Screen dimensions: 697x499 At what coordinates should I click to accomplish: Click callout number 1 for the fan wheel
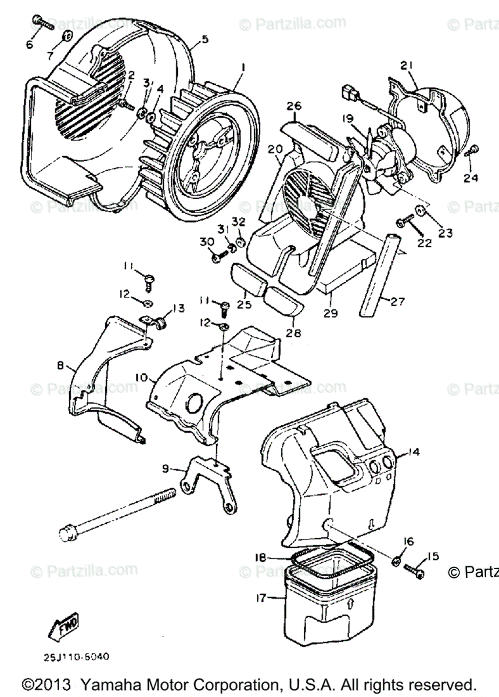(x=243, y=67)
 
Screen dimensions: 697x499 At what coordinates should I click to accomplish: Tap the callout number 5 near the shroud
(x=204, y=39)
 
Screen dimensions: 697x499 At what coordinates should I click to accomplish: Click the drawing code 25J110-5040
(x=76, y=658)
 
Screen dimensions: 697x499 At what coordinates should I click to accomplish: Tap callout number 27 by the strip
(x=397, y=301)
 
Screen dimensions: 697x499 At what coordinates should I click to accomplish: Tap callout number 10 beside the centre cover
(x=141, y=378)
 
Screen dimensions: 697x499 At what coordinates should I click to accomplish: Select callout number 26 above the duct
(x=294, y=106)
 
